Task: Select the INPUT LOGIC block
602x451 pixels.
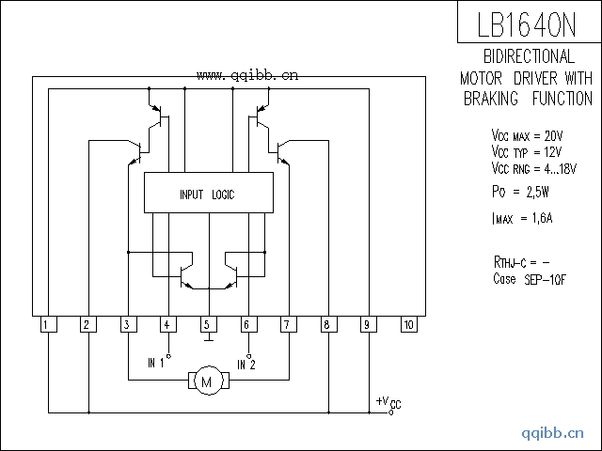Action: [x=207, y=194]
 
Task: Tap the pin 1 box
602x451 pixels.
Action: [x=46, y=325]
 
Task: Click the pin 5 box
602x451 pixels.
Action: [x=207, y=325]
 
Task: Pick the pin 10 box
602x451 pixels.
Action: [x=408, y=325]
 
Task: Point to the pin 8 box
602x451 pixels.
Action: [x=327, y=325]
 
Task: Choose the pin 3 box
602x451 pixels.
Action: [x=126, y=325]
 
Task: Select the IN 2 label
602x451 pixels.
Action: [x=246, y=364]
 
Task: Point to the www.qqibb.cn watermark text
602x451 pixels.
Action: [x=247, y=76]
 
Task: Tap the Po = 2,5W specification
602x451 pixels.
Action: [x=521, y=192]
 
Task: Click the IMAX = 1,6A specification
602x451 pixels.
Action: [x=523, y=220]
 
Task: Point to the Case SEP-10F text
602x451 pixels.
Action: [x=531, y=279]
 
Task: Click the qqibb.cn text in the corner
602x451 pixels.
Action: [x=553, y=432]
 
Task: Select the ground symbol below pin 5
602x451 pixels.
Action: [x=207, y=342]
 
